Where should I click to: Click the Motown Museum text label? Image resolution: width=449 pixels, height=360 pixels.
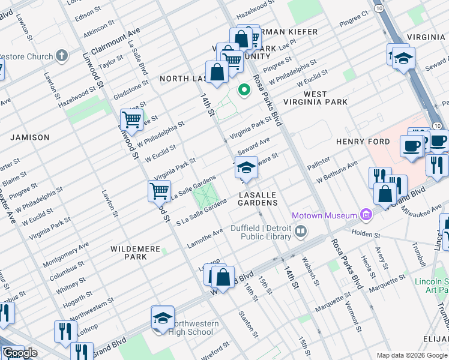tap(324, 215)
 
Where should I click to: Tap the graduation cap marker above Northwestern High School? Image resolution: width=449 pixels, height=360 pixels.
tap(162, 318)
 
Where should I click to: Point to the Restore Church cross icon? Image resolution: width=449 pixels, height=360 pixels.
tap(61, 57)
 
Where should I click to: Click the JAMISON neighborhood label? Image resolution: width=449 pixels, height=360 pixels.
tap(30, 137)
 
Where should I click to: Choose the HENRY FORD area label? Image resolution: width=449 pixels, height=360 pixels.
tap(363, 142)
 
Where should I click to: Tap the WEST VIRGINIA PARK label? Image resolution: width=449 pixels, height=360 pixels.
tap(325, 98)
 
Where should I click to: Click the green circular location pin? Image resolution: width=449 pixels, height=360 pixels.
tap(244, 91)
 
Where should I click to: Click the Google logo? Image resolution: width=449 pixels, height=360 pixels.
tap(20, 353)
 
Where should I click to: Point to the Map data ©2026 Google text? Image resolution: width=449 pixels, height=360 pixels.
tap(412, 355)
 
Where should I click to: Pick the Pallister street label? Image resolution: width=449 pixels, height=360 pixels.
tap(319, 163)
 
